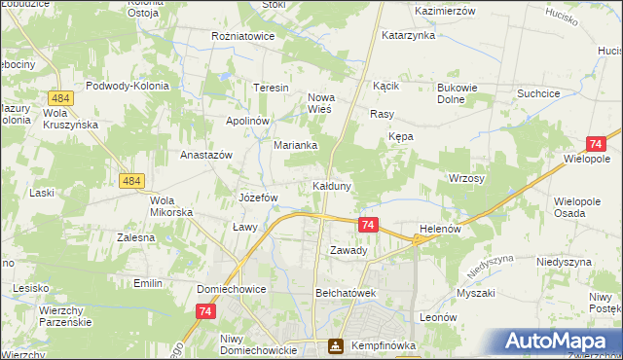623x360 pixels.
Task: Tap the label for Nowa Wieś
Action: click(328, 103)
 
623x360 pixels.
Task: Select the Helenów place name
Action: click(439, 229)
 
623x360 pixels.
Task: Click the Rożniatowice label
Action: click(243, 36)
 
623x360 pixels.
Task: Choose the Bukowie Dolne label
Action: click(457, 93)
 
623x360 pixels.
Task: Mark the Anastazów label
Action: click(206, 155)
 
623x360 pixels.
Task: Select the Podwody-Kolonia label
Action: click(128, 86)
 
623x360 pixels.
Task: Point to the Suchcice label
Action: click(540, 93)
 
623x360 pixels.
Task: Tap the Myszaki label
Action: click(476, 293)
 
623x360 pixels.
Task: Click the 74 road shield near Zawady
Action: click(367, 225)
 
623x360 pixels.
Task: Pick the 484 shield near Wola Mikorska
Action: click(132, 181)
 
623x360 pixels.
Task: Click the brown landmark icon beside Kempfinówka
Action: click(335, 345)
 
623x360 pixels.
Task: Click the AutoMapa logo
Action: click(562, 342)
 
